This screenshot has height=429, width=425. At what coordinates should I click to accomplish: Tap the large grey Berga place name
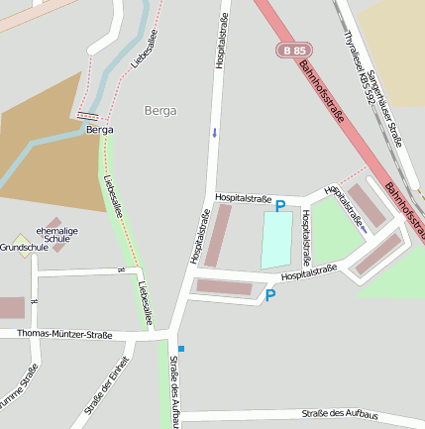160,110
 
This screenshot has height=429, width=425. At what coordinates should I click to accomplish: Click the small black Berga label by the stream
99,130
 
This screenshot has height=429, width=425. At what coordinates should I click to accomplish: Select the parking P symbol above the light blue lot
279,205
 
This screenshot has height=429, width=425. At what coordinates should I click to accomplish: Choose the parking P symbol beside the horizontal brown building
270,294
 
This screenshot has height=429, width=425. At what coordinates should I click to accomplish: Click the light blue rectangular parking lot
276,239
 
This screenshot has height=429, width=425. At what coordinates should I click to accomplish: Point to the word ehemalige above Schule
56,230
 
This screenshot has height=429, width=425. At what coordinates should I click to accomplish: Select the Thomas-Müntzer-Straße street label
64,335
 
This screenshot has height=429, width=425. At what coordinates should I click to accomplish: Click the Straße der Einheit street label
106,384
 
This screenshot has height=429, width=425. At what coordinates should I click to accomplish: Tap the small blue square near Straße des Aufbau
180,348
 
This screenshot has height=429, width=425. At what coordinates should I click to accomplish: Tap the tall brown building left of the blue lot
217,236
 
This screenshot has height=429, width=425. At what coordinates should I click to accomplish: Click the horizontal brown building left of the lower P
224,287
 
